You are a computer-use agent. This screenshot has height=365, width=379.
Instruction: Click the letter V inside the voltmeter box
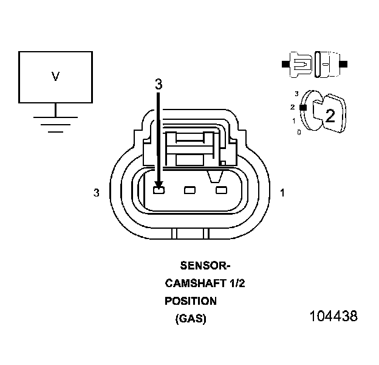(55, 77)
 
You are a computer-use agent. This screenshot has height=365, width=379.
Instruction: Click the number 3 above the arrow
(159, 85)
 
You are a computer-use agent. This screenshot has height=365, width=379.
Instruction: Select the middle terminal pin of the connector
(189, 191)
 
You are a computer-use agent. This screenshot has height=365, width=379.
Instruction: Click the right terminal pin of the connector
(221, 191)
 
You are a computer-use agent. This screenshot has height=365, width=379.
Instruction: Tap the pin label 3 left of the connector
(96, 193)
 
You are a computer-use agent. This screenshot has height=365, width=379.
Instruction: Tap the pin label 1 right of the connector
(282, 193)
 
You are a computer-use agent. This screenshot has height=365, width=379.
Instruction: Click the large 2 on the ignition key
(330, 116)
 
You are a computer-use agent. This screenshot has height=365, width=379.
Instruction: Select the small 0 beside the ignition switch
(298, 131)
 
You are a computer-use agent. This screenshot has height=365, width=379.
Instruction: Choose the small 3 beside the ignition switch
(296, 94)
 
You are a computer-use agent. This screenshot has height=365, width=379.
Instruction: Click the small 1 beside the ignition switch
(294, 120)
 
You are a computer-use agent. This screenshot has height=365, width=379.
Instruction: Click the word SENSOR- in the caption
(206, 265)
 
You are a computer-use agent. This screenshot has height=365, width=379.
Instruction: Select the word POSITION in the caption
(190, 301)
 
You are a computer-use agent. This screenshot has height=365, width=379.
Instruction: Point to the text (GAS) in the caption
(191, 319)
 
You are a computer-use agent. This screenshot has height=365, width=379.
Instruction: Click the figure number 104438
(333, 316)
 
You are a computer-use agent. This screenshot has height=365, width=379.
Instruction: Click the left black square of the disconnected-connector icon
(285, 63)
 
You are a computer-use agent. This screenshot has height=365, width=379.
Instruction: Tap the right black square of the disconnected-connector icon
(344, 63)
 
